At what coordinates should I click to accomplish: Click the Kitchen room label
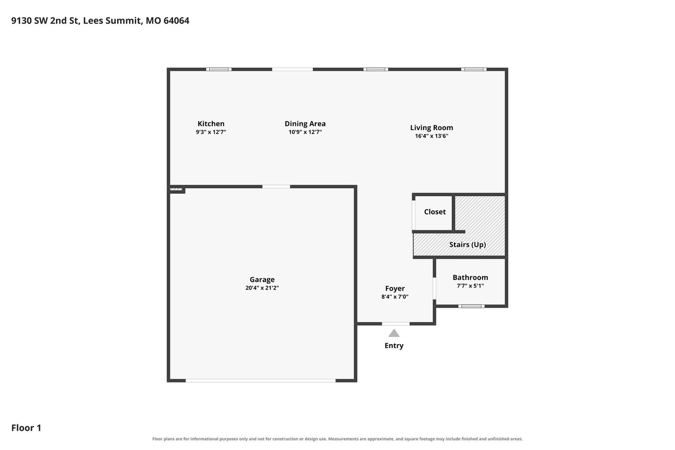coord(211,124)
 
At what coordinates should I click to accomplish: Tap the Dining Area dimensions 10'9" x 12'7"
coord(305,132)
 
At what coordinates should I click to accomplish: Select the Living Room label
coord(432,128)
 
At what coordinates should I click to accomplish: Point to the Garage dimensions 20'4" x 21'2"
coord(262,288)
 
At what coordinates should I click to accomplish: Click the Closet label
coord(435,212)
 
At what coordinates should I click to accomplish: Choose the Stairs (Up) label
coord(467,245)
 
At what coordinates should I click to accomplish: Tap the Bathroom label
coord(470,277)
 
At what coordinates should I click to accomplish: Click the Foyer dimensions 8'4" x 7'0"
coord(395,297)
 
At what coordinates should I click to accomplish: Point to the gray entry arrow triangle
coord(394,333)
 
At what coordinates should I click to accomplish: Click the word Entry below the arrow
coord(394,346)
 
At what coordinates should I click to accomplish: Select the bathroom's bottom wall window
coord(472,306)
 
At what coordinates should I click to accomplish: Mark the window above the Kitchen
coord(219,69)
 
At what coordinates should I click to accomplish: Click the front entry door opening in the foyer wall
coord(396,324)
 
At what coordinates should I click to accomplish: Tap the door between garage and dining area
coord(276,187)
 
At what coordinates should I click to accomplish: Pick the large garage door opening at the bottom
coord(260,381)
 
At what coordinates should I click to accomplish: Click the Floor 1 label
coord(26,427)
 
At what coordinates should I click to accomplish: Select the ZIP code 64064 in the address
coord(176,20)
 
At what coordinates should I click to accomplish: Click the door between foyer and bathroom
coord(434,288)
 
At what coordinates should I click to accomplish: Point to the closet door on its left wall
coord(414,215)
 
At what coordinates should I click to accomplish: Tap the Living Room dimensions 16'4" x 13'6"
coord(432,136)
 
